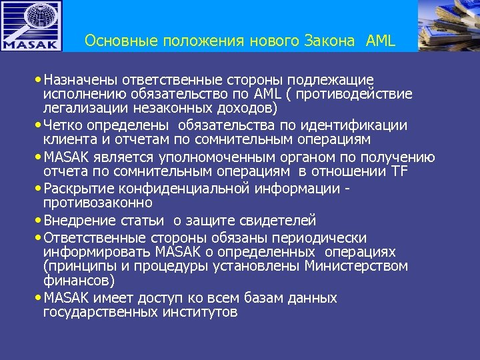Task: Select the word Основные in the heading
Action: click(117, 41)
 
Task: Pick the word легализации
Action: click(81, 107)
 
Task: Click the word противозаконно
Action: click(98, 202)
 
